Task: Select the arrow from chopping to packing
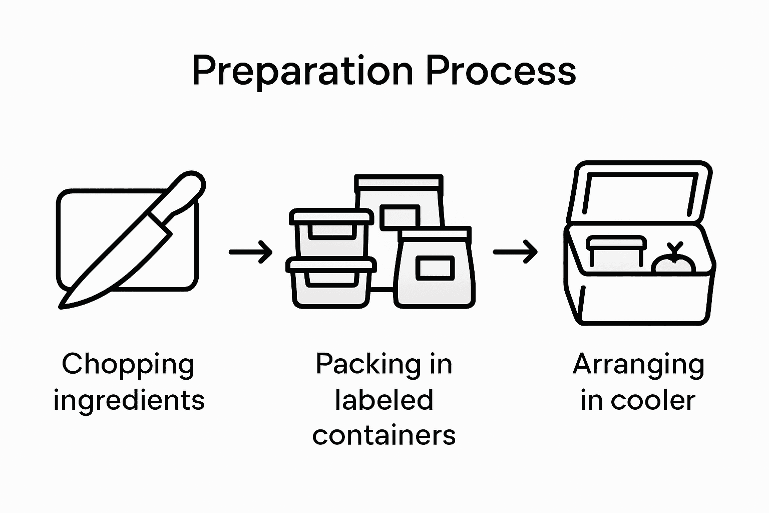point(250,251)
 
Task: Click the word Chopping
point(128,365)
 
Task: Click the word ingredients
point(129,400)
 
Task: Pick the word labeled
point(384,400)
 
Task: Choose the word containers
point(384,435)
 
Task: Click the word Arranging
point(638,365)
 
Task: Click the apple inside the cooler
point(674,263)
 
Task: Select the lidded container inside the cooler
point(616,253)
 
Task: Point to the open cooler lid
point(641,193)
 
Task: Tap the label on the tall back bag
point(400,216)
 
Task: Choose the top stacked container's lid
point(332,216)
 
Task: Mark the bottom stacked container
point(332,286)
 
